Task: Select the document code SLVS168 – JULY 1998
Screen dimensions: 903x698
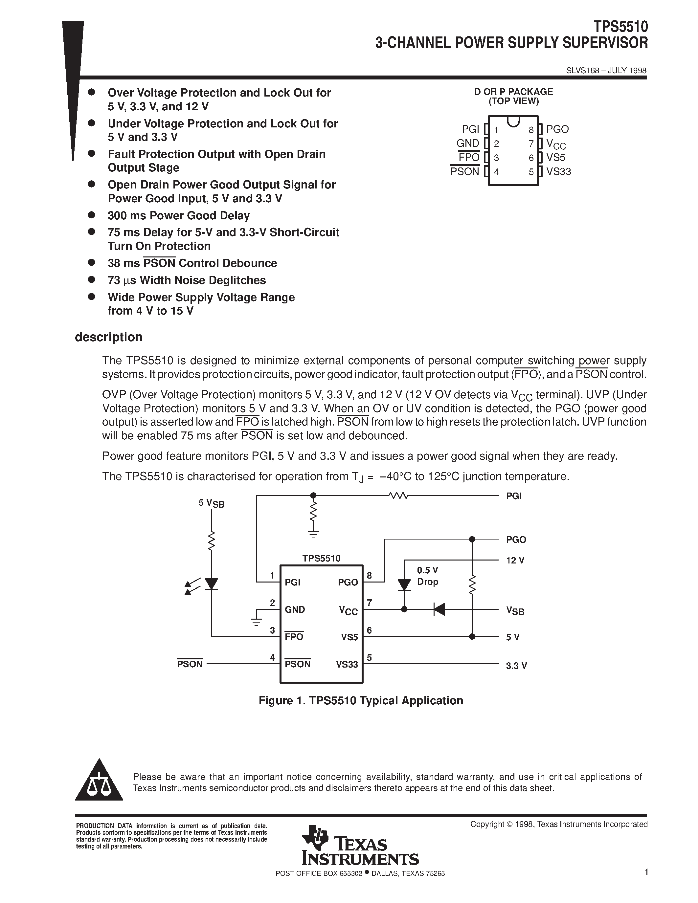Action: tap(606, 71)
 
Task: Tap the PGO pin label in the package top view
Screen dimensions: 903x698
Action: tap(557, 129)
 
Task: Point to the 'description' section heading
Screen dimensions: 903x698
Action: tap(108, 337)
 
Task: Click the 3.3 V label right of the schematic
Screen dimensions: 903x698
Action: tap(516, 666)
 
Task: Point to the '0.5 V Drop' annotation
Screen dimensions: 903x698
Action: tap(427, 576)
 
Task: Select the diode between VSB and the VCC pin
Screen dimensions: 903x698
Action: tap(439, 609)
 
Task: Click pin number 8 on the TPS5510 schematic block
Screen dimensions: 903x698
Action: tap(369, 575)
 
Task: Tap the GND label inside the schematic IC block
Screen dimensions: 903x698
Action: tap(295, 609)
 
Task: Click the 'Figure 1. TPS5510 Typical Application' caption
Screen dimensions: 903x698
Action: tap(361, 700)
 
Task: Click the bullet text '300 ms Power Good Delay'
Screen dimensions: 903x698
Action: tap(179, 215)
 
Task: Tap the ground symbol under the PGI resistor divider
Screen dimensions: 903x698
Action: tap(313, 534)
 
